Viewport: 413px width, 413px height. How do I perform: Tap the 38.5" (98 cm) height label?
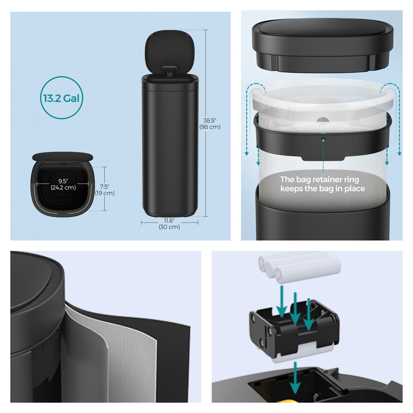(x=210, y=124)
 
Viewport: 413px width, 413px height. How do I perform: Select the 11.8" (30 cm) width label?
(x=169, y=224)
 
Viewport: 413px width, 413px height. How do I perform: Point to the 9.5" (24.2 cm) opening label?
(x=63, y=184)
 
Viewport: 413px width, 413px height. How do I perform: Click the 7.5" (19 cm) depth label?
(x=105, y=190)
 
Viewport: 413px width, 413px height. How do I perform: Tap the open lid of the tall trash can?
(x=169, y=51)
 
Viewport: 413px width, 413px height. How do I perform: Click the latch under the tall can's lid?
(x=169, y=71)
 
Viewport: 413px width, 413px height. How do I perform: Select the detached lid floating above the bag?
(x=322, y=45)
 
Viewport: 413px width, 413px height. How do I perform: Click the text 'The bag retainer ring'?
(x=320, y=179)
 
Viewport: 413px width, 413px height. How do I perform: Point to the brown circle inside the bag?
(x=324, y=119)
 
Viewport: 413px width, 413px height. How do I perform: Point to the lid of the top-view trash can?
(x=63, y=156)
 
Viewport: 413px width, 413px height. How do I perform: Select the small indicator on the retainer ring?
(x=323, y=139)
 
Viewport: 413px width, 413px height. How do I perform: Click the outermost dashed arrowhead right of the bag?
(x=399, y=153)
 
